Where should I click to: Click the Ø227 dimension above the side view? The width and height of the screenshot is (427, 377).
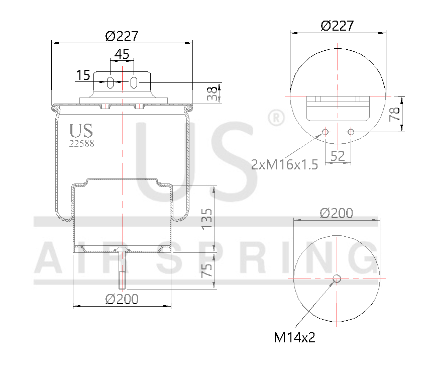coord(122,36)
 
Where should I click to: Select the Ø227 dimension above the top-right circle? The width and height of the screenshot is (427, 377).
coord(337,26)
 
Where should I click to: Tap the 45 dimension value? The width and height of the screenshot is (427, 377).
coord(122,53)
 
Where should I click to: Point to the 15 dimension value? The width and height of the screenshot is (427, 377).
coord(83,75)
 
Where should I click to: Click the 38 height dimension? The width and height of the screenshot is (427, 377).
coord(214,93)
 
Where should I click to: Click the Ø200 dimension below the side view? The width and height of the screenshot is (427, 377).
coord(122,299)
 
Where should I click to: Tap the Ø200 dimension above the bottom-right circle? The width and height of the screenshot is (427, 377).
coord(336,213)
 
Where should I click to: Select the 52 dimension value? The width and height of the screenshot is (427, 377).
coord(338,156)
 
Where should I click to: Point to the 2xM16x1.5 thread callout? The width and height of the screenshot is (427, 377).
coord(285,164)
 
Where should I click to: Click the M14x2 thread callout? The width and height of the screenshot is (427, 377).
coord(294,337)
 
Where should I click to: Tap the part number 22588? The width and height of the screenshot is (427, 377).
coord(81,143)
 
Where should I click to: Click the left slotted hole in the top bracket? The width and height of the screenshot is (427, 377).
coord(111,82)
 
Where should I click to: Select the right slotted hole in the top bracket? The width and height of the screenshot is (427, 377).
coord(134,82)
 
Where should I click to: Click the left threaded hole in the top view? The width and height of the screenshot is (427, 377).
coord(325,132)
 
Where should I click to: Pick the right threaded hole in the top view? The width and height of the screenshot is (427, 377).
coord(351,132)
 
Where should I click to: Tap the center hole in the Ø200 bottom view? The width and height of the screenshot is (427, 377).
coord(337,278)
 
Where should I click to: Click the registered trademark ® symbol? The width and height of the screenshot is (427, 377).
coord(276,118)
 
